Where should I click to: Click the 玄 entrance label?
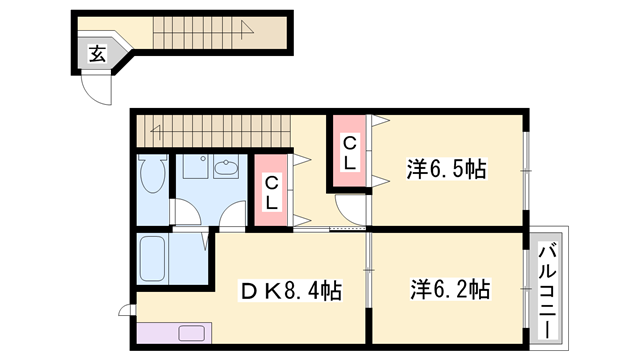pos(96,54)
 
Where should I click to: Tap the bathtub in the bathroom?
pos(153,259)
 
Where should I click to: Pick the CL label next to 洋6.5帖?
pos(350,154)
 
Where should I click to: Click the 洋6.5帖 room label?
pos(447,169)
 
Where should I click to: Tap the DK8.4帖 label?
pos(291,291)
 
